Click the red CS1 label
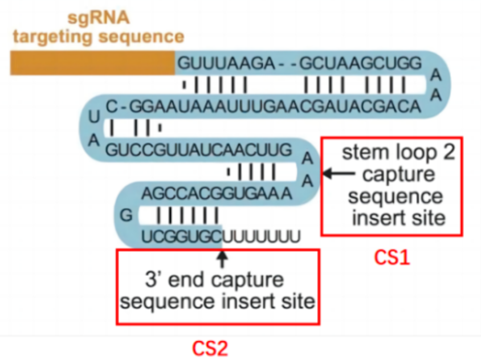point(392,257)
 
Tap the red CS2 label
point(210,348)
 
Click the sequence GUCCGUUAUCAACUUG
point(198,150)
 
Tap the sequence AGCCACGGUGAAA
point(217,194)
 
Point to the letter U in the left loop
point(96,116)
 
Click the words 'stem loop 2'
point(398,154)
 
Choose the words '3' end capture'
point(215,280)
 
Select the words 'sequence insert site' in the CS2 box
point(218,300)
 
